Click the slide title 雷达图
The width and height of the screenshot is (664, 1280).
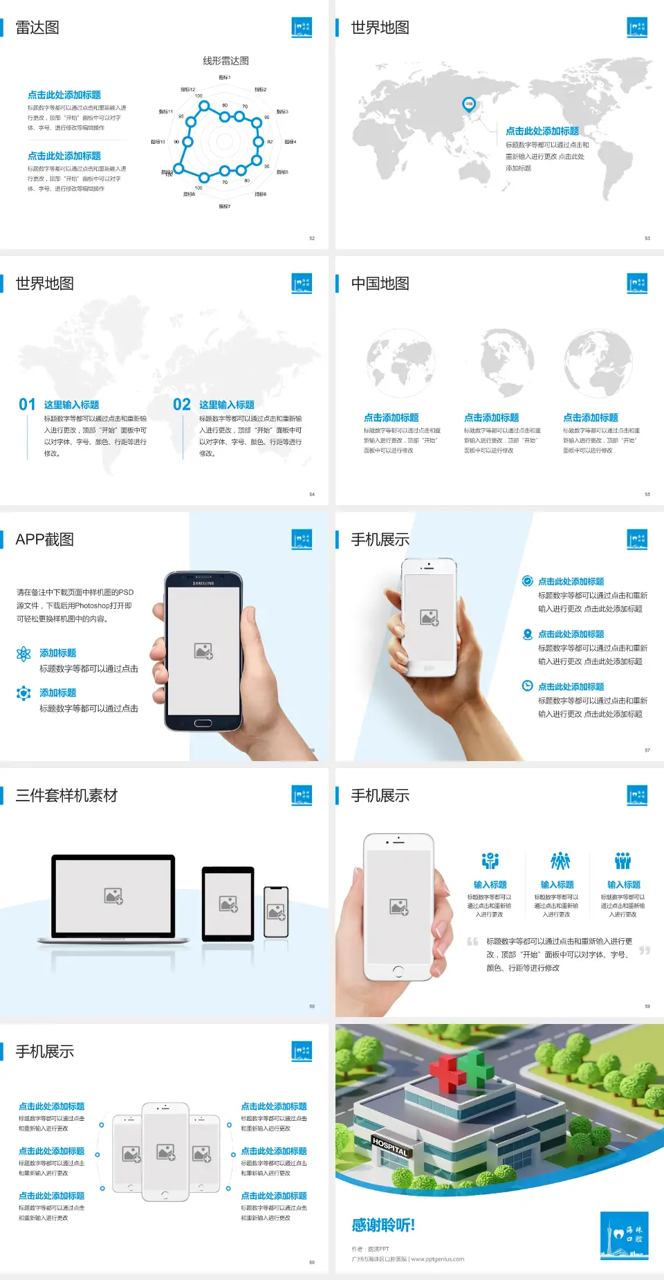click(37, 28)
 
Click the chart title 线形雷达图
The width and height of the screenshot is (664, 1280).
click(225, 61)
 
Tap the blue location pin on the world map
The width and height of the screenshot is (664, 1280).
click(468, 104)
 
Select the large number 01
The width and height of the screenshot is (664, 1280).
click(27, 405)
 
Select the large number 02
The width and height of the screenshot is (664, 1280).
click(182, 405)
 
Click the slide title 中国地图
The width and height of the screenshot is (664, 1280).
click(380, 284)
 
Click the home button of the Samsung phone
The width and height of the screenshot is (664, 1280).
click(203, 723)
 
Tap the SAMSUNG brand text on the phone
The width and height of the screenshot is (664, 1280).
click(203, 583)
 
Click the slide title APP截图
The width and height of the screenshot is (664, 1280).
click(44, 540)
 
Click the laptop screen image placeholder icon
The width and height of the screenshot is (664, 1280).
click(113, 896)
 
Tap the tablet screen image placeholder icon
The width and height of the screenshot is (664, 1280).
click(228, 904)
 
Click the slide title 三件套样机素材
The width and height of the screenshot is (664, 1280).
click(66, 796)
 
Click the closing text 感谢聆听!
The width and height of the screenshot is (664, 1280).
click(383, 1225)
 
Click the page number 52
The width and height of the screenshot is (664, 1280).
click(312, 238)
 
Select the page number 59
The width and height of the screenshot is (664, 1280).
click(647, 1006)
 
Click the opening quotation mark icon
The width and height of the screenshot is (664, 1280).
click(472, 942)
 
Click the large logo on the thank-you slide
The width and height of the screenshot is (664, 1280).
click(624, 1235)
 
